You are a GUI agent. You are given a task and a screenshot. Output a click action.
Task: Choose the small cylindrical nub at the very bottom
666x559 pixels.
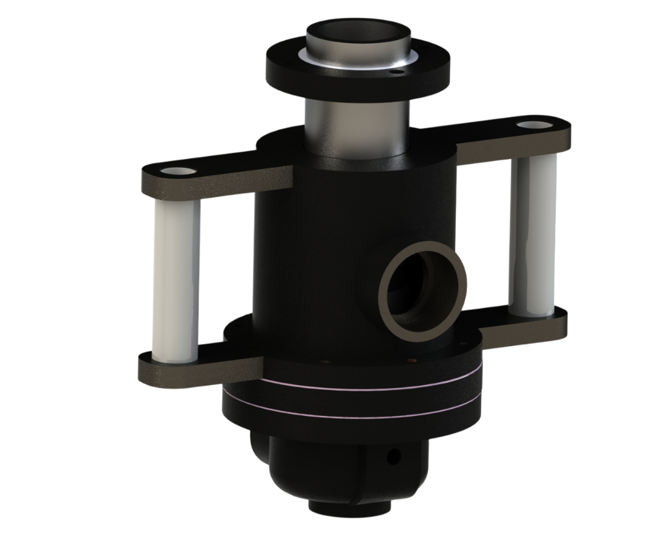pyautogui.click(x=349, y=507)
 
